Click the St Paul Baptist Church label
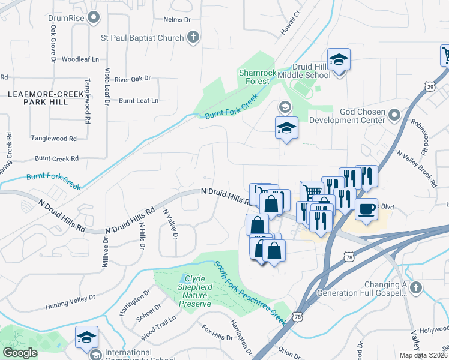click(142, 38)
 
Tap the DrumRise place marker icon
click(93, 18)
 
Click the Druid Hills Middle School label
click(311, 71)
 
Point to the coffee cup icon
click(366, 209)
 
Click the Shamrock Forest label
click(258, 77)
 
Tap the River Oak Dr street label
click(132, 79)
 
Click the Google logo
click(20, 353)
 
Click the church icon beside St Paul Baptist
click(193, 38)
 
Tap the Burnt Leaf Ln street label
click(139, 100)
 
